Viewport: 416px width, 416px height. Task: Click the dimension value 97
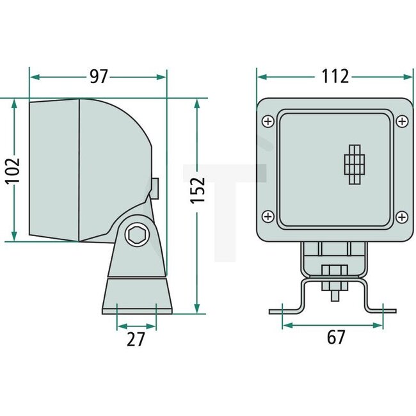[x=98, y=77]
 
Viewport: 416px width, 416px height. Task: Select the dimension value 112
[x=335, y=77]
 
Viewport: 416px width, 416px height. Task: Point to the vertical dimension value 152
[x=197, y=190]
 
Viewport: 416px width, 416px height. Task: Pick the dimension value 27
[x=136, y=339]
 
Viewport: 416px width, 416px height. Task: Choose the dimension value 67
[x=335, y=337]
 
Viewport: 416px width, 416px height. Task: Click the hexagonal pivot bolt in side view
[x=136, y=236]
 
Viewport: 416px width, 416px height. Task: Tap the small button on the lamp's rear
[x=155, y=186]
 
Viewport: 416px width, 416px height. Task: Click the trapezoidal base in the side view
[x=137, y=295]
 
